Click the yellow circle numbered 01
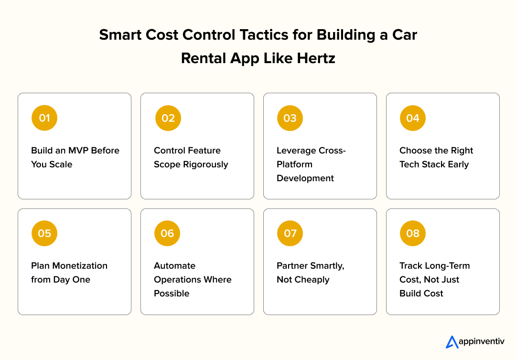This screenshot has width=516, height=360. tap(44, 118)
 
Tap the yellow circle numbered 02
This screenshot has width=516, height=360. tap(168, 118)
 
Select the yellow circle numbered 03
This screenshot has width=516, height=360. tap(290, 118)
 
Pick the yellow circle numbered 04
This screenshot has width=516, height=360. tap(413, 118)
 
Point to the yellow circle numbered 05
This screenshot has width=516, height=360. tap(44, 233)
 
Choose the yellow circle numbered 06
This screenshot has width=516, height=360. tap(167, 233)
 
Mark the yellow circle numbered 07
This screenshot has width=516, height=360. tap(290, 233)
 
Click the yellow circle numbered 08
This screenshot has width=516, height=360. tap(413, 233)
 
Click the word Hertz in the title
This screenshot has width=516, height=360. tap(315, 58)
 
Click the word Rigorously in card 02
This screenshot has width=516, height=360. tap(204, 164)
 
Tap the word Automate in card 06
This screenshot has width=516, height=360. tap(174, 266)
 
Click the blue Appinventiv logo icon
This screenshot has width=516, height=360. tap(451, 342)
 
